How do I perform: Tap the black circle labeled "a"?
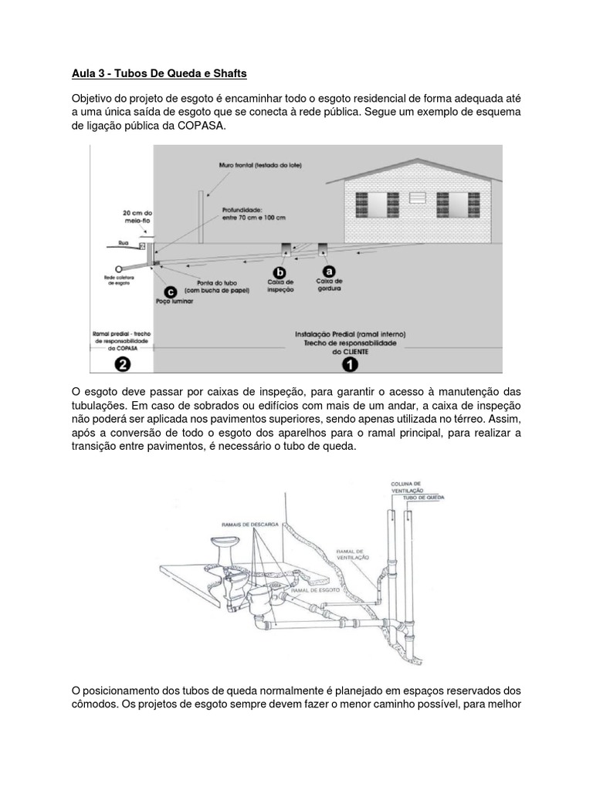(x=329, y=271)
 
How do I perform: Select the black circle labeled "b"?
(x=280, y=272)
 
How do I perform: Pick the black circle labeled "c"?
(x=171, y=291)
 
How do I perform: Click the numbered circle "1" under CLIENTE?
(x=351, y=363)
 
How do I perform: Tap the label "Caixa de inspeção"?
(x=280, y=285)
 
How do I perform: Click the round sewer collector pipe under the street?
(x=119, y=268)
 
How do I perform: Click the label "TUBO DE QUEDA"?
(x=413, y=499)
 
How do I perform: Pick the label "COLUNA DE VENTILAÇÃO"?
(x=406, y=487)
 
